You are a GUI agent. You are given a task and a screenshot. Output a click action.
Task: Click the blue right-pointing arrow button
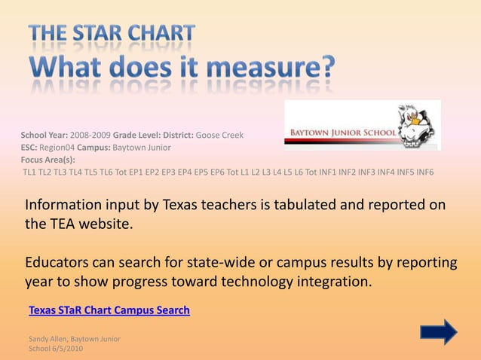pos(438,332)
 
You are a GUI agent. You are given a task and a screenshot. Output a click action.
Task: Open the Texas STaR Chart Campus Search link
pos(109,310)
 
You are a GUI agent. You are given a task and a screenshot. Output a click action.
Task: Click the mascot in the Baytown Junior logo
pos(418,126)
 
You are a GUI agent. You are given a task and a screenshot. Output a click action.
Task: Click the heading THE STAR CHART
pos(112,34)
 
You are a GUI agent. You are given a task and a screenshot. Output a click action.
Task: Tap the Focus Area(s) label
pos(47,160)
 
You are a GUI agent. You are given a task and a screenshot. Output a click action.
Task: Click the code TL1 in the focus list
pos(30,172)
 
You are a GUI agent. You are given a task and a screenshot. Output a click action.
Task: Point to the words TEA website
pos(90,224)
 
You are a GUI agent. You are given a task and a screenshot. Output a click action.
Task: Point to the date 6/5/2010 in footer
pos(69,349)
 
